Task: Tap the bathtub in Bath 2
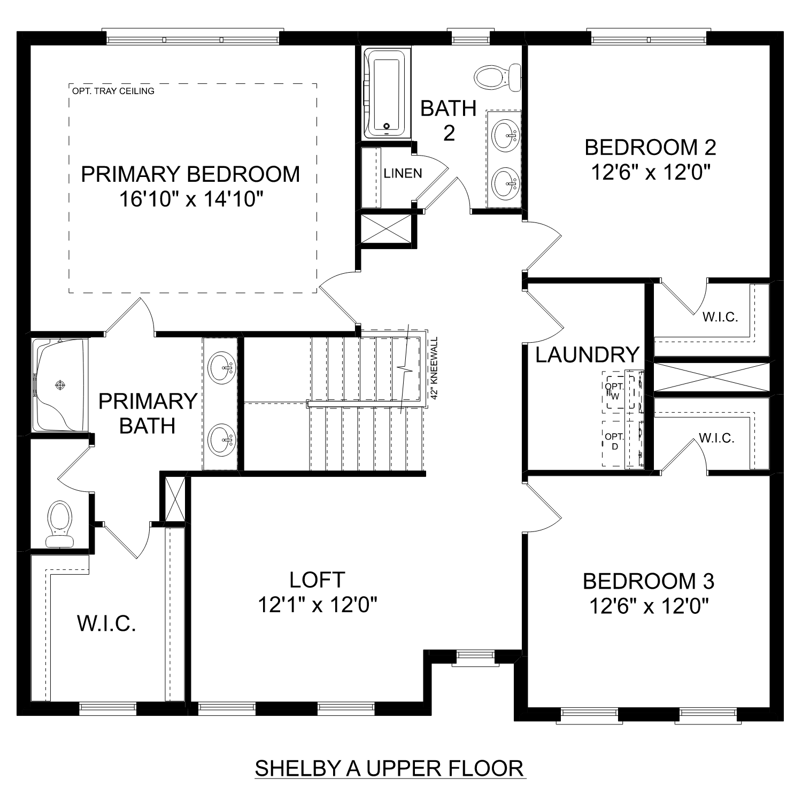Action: click(386, 95)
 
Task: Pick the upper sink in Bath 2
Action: click(505, 135)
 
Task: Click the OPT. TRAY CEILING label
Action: click(113, 91)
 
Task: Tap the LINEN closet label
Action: click(403, 173)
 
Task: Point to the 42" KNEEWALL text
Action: click(434, 368)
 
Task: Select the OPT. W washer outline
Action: click(614, 391)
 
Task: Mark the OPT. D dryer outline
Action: click(614, 442)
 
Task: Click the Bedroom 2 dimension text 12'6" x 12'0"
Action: click(650, 173)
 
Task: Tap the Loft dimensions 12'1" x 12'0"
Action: click(318, 605)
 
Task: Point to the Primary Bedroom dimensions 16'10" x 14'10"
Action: click(191, 199)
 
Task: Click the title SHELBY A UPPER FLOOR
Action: click(390, 768)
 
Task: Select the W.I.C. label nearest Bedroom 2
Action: click(720, 317)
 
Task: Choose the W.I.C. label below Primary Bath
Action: click(106, 623)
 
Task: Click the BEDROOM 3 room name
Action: click(648, 581)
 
